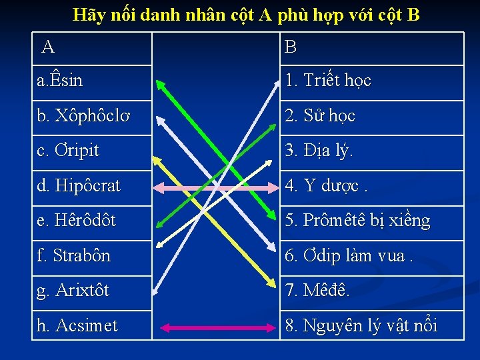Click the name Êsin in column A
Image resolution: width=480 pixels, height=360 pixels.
pyautogui.click(x=60, y=81)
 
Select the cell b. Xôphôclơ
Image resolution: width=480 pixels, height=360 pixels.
pyautogui.click(x=84, y=116)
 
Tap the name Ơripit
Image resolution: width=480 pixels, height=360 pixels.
pyautogui.click(x=68, y=151)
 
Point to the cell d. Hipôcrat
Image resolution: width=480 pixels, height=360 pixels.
pyautogui.click(x=79, y=186)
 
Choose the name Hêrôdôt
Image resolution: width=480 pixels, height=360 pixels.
pyautogui.click(x=76, y=221)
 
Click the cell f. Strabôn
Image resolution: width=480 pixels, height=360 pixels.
pyautogui.click(x=73, y=256)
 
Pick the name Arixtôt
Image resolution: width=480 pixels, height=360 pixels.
pyautogui.click(x=73, y=291)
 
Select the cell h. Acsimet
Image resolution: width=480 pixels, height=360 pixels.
pyautogui.click(x=77, y=326)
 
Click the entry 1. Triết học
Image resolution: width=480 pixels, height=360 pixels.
pyautogui.click(x=327, y=81)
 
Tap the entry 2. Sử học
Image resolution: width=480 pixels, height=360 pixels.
pyautogui.click(x=320, y=116)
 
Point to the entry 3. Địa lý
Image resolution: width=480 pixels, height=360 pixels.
pyautogui.click(x=319, y=151)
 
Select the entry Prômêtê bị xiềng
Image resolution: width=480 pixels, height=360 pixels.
pyautogui.click(x=357, y=221)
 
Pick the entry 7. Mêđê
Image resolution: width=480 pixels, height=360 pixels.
pyautogui.click(x=317, y=291)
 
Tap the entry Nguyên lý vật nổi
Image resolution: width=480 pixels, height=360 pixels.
pyautogui.click(x=361, y=326)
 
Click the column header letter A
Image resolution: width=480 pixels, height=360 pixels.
pyautogui.click(x=48, y=47)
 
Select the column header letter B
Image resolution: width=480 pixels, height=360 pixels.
pyautogui.click(x=291, y=47)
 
